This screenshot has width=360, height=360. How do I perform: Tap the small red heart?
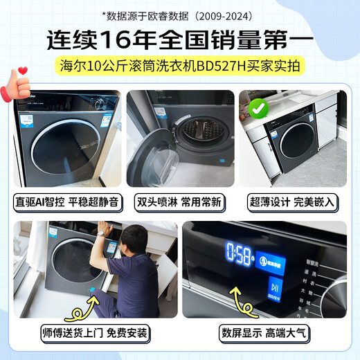pos(22,69)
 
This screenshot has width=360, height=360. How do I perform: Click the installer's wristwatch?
pos(100,234)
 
